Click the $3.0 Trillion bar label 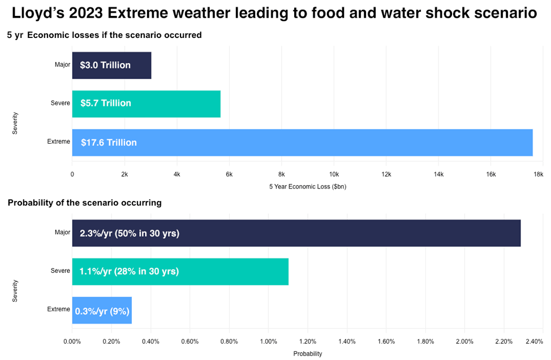105,65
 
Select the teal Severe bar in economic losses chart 170,104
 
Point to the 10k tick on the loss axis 334,174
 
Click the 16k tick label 490,174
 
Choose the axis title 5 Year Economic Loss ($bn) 308,186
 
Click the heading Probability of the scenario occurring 85,203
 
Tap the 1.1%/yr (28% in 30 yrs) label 129,272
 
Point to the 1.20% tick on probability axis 307,341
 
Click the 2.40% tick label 533,341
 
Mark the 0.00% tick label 72,341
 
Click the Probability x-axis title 308,354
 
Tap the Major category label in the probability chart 62,232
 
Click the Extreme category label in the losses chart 59,142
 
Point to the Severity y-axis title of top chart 15,123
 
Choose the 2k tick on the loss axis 124,174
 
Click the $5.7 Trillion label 106,103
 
